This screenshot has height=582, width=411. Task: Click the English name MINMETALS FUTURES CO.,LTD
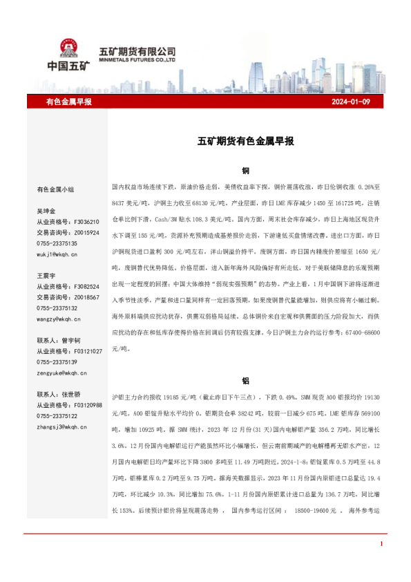(x=138, y=59)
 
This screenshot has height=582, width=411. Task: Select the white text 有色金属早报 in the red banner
(x=68, y=102)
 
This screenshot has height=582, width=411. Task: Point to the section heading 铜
(x=245, y=170)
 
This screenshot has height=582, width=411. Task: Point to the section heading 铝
(x=245, y=380)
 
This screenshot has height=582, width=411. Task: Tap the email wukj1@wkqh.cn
(x=57, y=254)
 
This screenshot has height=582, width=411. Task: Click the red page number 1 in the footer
(x=381, y=545)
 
